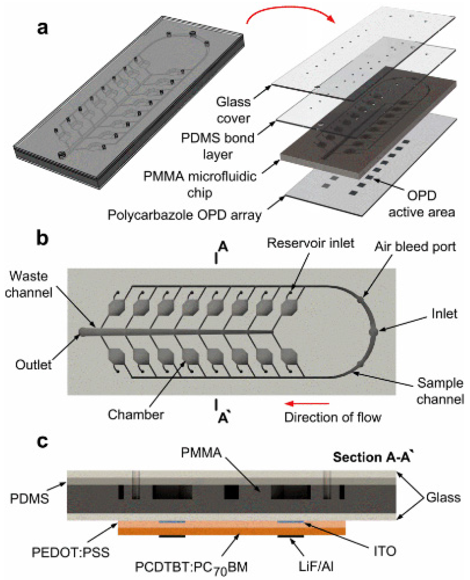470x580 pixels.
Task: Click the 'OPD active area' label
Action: pos(421,204)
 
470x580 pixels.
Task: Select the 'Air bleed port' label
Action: pos(415,246)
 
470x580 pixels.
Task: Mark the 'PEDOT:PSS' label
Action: pos(71,552)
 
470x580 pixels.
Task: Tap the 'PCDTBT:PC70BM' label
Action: pos(191,567)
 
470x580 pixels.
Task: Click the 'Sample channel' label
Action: pos(440,391)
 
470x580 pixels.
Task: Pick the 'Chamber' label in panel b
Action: pos(136,414)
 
